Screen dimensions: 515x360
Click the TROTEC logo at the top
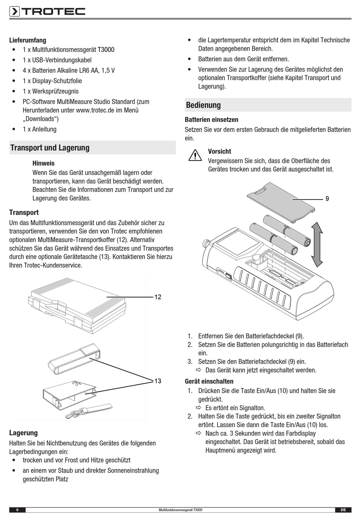coord(47,11)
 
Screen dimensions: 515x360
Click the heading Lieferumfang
coord(28,40)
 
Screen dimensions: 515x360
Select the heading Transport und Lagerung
coord(50,148)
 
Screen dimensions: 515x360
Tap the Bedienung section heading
coord(203,105)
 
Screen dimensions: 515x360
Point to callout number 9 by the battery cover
coord(327,198)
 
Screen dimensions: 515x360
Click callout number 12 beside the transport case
coord(158,297)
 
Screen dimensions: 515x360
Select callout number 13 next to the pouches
coord(158,381)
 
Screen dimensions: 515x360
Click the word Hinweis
coord(44,164)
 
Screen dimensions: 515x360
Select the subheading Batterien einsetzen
coord(211,120)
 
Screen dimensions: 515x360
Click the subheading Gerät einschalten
coord(209,381)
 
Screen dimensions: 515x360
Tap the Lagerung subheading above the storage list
coord(23,433)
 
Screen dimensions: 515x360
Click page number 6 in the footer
coord(17,510)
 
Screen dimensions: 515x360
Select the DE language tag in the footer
coord(343,510)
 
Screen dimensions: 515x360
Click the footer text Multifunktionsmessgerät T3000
coord(180,510)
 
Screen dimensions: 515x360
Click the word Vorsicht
coord(219,151)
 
